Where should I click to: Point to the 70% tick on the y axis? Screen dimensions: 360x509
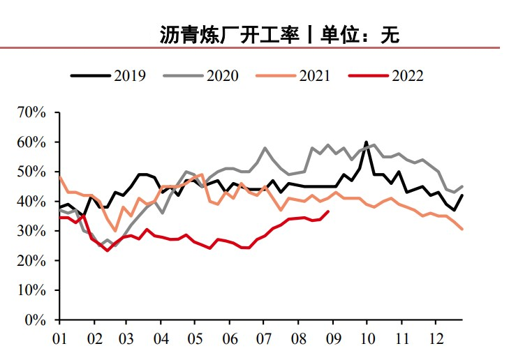pos(31,112)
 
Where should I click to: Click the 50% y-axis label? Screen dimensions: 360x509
pos(31,172)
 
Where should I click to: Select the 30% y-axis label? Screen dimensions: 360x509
pos(31,231)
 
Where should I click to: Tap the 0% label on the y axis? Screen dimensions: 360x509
pos(35,320)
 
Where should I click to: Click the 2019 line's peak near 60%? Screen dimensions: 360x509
pos(367,142)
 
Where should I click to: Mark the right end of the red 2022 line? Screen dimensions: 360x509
pos(329,211)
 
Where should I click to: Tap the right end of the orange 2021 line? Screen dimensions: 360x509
pos(462,229)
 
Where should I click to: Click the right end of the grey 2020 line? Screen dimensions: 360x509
pos(462,186)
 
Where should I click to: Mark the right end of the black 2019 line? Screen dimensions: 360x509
pos(462,195)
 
